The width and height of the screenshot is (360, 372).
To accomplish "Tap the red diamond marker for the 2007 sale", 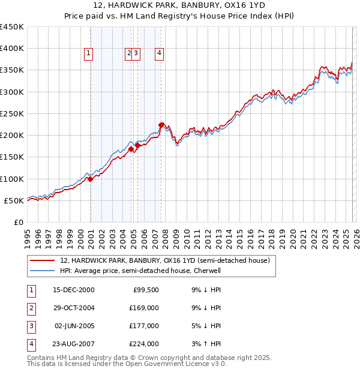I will (x=161, y=125).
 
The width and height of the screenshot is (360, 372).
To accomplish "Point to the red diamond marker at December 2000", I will (x=90, y=179).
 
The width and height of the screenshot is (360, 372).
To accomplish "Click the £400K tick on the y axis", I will (x=12, y=49).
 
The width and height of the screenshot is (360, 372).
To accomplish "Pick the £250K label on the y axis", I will (x=12, y=113).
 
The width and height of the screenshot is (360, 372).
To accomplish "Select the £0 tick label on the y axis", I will (x=19, y=222).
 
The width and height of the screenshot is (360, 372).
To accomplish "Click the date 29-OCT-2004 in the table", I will (x=74, y=308).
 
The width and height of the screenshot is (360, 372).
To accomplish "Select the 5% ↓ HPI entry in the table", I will (x=206, y=326).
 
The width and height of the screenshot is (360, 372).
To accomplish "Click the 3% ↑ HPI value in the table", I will (x=206, y=344).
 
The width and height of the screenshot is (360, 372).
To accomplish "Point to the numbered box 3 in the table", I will (x=29, y=326).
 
